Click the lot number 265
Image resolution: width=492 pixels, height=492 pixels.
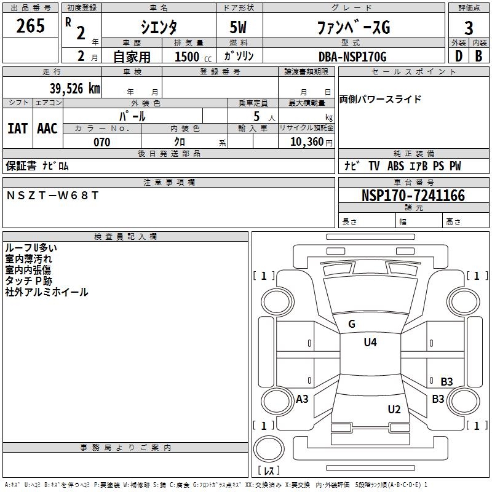coord(30,26)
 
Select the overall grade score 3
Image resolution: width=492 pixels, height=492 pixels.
coord(469,28)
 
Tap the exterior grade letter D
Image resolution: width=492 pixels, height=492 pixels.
coord(458,56)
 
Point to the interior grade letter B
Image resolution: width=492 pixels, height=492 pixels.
coord(478,56)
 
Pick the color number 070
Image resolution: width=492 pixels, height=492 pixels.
coord(101,142)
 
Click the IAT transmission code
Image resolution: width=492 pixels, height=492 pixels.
coord(17,128)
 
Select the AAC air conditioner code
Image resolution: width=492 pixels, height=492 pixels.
coord(47,128)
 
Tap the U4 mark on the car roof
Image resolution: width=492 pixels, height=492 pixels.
coord(370,343)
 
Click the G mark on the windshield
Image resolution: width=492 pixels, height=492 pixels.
coord(352,324)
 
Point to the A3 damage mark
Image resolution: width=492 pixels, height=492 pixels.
coord(302,399)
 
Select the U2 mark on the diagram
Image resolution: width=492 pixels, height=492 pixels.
coord(394,409)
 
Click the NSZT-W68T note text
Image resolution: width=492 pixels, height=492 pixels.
coord(52,196)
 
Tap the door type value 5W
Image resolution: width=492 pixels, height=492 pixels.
coord(239,28)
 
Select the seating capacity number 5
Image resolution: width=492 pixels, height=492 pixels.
coord(256,116)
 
